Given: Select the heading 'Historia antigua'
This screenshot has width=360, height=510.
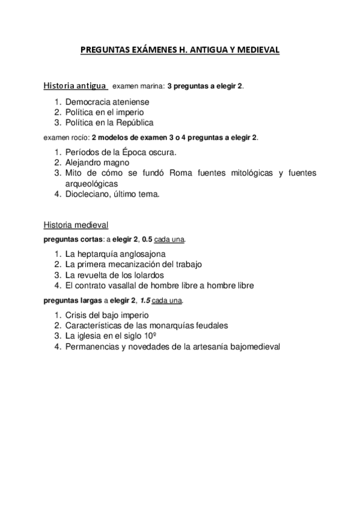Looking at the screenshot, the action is click(75, 85).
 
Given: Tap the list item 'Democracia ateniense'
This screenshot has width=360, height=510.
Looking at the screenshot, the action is click(107, 102).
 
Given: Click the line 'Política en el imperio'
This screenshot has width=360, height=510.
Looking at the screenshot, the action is click(105, 112).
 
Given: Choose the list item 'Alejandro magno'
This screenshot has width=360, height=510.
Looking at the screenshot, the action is click(98, 162).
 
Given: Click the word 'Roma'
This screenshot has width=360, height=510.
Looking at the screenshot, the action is click(182, 173).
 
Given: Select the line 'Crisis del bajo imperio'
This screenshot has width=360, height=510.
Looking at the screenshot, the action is click(107, 315).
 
